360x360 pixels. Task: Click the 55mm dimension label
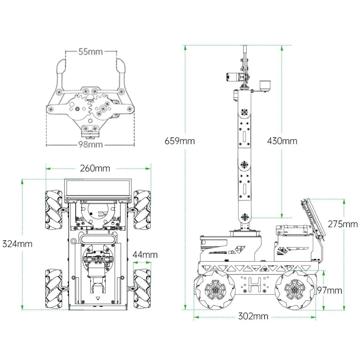coord(90,52)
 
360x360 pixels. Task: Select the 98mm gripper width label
coord(90,145)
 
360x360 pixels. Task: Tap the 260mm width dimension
coord(95,168)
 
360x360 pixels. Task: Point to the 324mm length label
coord(17,244)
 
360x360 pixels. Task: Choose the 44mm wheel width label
coord(145,255)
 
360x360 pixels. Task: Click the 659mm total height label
coord(180,141)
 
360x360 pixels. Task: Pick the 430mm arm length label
coord(282,141)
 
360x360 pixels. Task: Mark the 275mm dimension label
coord(343,224)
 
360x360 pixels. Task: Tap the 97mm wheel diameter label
coord(330,290)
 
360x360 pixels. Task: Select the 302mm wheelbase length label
coord(253,316)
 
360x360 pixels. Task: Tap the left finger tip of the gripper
coord(61,67)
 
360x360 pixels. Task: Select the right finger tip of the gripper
coord(121,67)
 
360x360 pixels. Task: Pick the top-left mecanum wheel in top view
coord(53,210)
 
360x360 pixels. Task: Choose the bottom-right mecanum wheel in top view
coord(142,288)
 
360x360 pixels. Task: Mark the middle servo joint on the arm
coord(244,165)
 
